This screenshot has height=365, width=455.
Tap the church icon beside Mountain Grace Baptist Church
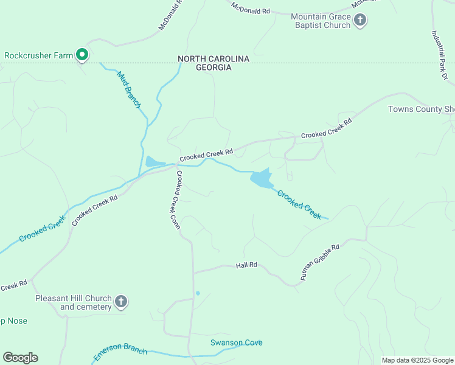[360, 21]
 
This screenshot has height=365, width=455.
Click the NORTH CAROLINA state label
[214, 58]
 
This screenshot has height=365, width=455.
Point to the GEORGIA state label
[214, 68]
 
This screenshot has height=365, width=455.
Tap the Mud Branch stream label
[128, 89]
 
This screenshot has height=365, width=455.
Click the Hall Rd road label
[247, 265]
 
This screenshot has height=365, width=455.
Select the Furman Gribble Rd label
[320, 262]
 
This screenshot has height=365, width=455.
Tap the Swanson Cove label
[237, 342]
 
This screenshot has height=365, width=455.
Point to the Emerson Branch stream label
[120, 352]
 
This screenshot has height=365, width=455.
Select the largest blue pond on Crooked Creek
[261, 179]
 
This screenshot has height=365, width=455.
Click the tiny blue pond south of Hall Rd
[197, 293]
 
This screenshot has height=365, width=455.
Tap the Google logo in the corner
[20, 358]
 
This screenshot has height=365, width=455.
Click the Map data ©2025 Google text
[417, 360]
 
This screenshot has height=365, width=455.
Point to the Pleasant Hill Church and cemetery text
[73, 302]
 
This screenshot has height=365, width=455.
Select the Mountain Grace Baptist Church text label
[321, 21]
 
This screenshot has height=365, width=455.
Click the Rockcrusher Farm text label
[38, 55]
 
